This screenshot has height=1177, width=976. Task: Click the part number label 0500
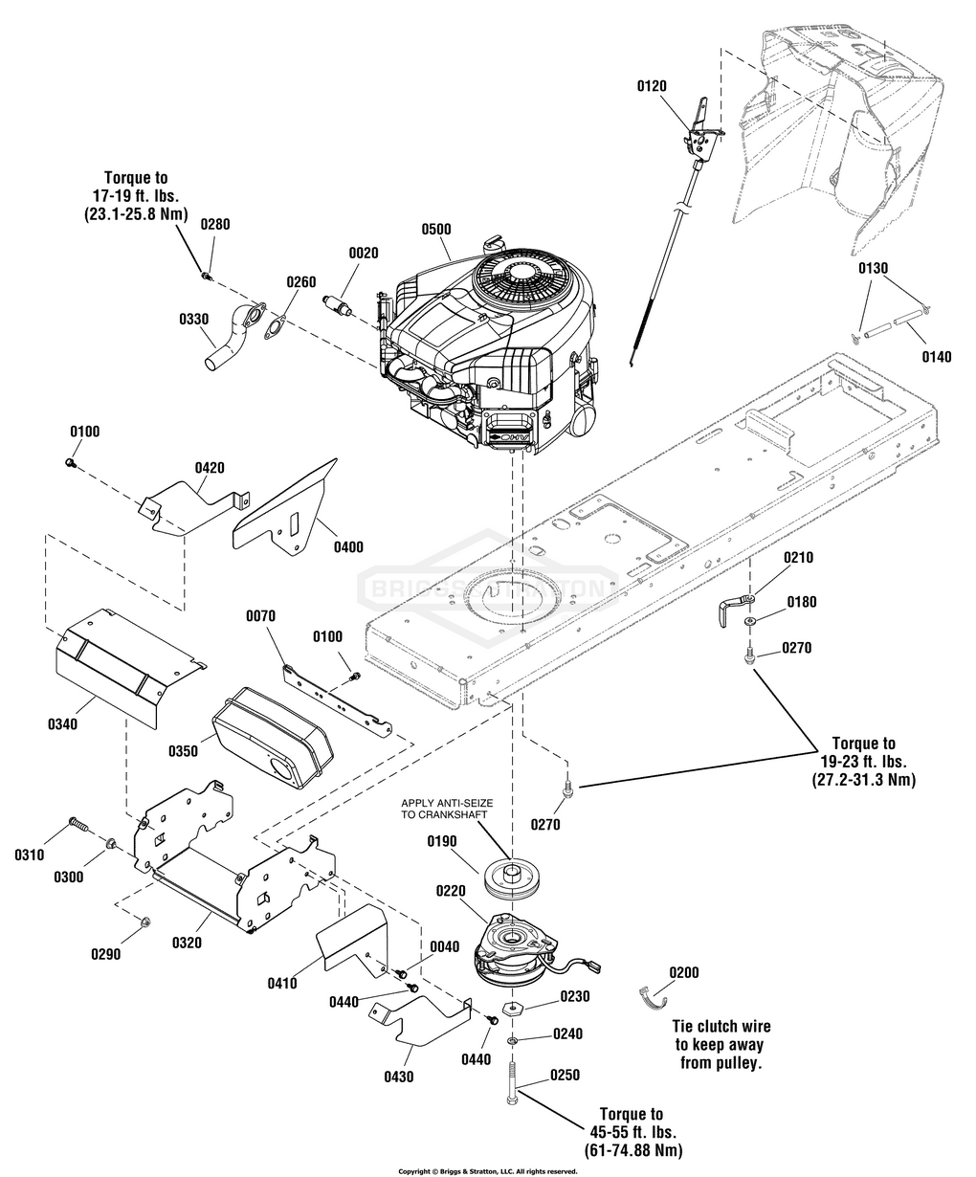point(436,229)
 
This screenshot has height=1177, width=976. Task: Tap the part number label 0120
point(652,86)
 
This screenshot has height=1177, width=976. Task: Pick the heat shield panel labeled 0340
point(130,668)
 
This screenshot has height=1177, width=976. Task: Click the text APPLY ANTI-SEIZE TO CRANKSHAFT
point(447,809)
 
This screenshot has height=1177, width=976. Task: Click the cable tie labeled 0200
point(653,997)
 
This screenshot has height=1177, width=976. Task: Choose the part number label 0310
point(30,855)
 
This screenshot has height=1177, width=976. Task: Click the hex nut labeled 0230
point(511,1008)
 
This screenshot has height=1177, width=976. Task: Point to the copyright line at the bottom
point(488,1171)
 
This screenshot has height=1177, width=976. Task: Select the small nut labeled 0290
point(144,922)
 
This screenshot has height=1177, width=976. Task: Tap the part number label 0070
point(260,616)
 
